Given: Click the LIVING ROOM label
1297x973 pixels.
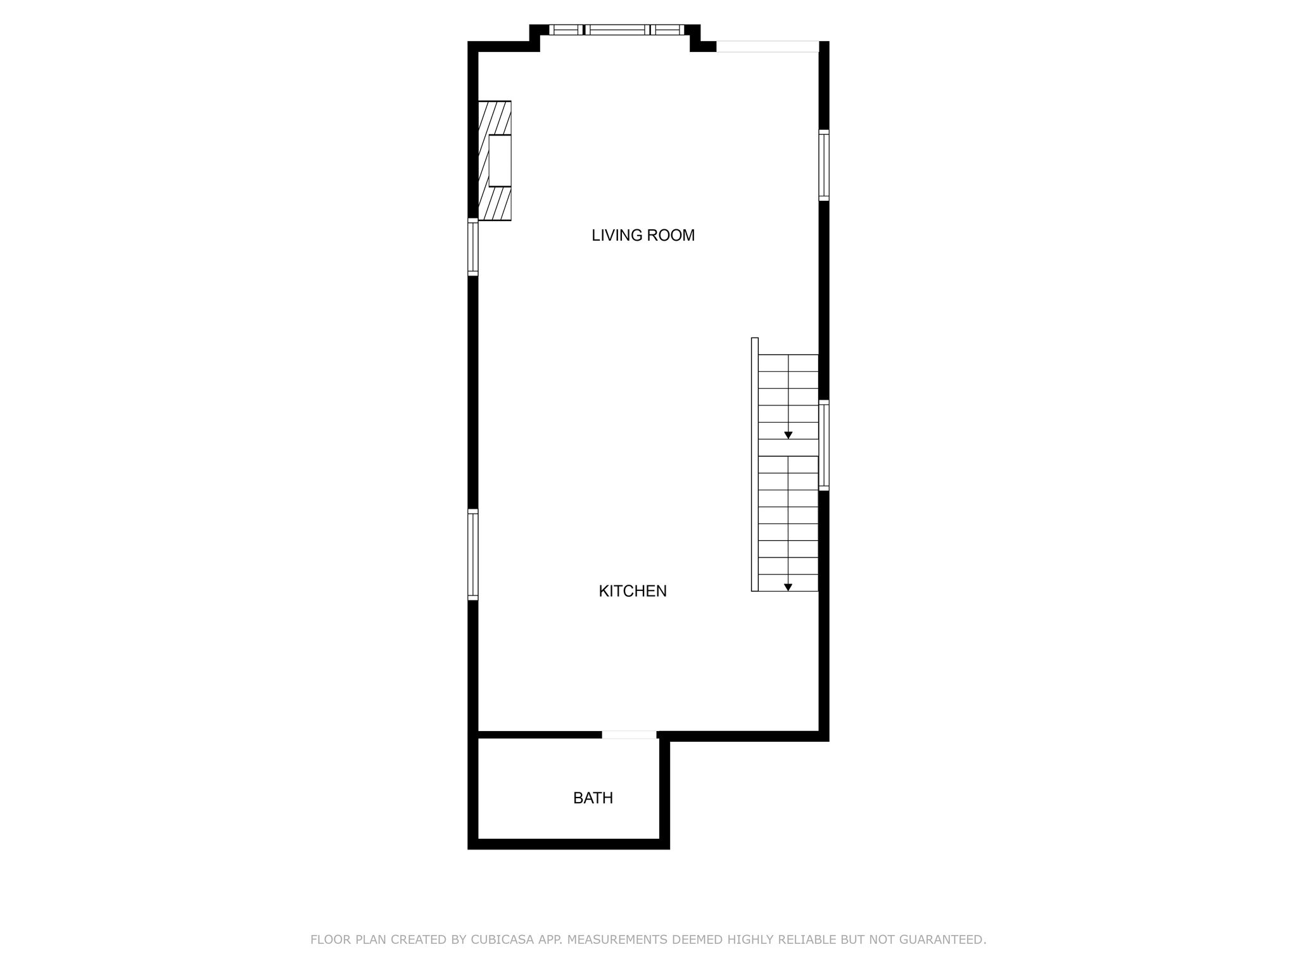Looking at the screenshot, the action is point(643,236).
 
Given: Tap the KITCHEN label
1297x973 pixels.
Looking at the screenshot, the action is point(633,591).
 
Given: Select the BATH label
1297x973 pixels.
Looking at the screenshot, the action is point(593,798).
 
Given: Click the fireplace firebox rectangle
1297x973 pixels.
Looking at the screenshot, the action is point(500,161).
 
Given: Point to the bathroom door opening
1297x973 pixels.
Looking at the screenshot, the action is point(629,735).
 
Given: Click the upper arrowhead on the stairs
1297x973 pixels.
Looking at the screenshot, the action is point(788,435).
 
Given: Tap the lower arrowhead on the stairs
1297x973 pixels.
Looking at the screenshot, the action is point(788,587).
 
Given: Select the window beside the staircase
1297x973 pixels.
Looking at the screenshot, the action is point(824,445).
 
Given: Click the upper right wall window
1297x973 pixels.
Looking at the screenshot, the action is point(824,165).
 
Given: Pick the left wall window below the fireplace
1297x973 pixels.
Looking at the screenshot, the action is point(473,247).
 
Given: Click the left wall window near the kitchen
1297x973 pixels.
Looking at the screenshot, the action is point(473,554).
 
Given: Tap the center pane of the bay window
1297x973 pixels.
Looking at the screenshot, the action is point(617,30).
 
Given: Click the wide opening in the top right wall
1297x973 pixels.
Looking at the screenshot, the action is point(768,46).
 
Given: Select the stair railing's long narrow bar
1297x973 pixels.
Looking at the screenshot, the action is point(755,464).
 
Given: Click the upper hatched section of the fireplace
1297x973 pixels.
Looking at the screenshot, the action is point(495,118).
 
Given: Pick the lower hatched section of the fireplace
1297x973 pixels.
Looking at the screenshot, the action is point(495,204).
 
